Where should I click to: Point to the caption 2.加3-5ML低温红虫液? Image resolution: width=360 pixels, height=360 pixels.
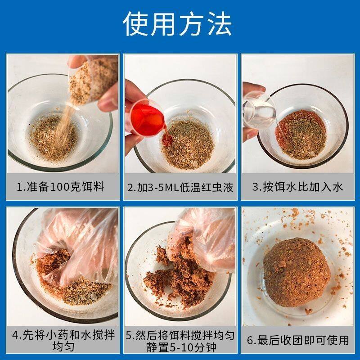pos(180,187)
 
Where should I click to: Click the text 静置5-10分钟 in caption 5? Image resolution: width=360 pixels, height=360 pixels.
pos(180,347)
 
